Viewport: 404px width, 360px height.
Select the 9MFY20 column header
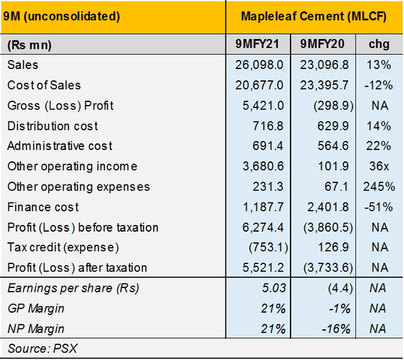(x=321, y=45)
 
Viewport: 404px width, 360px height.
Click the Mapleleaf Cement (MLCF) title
(x=313, y=16)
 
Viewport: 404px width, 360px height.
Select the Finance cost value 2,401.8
(x=323, y=207)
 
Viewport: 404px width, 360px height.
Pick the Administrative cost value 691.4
(x=267, y=146)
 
